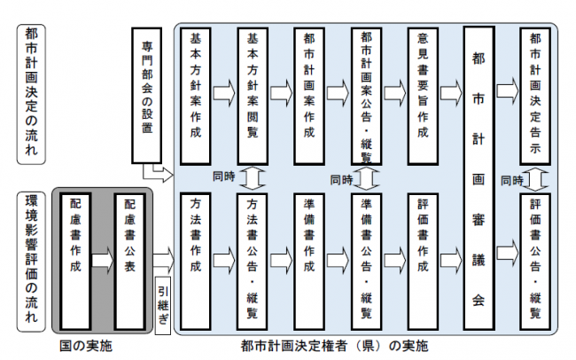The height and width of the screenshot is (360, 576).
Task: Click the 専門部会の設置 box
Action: point(148,97)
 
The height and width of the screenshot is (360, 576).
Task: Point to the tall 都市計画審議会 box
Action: point(479,176)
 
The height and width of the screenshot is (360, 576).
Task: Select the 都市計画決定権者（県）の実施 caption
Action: point(340,344)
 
